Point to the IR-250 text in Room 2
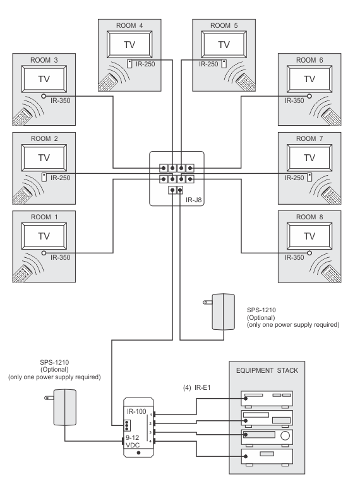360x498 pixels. point(59,178)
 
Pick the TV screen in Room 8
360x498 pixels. point(309,236)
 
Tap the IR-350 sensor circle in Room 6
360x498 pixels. point(309,96)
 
